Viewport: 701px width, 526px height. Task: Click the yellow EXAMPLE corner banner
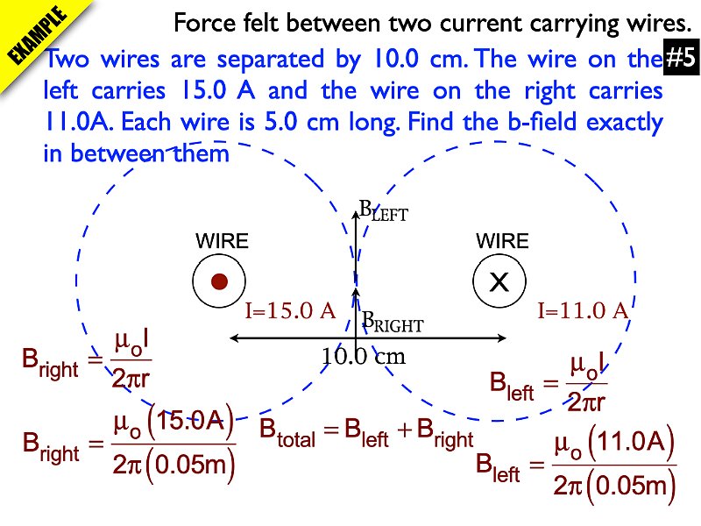pos(39,39)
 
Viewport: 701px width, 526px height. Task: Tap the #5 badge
pos(680,59)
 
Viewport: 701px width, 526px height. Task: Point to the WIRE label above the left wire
pos(221,241)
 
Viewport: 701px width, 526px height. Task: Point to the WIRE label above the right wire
pos(502,241)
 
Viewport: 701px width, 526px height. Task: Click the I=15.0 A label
pos(290,310)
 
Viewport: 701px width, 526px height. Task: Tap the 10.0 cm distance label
pos(363,357)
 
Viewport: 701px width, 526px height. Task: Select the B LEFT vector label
pos(384,211)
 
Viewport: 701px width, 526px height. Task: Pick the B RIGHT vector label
pos(393,323)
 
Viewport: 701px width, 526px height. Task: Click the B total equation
pos(366,432)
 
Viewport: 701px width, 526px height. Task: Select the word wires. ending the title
pos(643,22)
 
